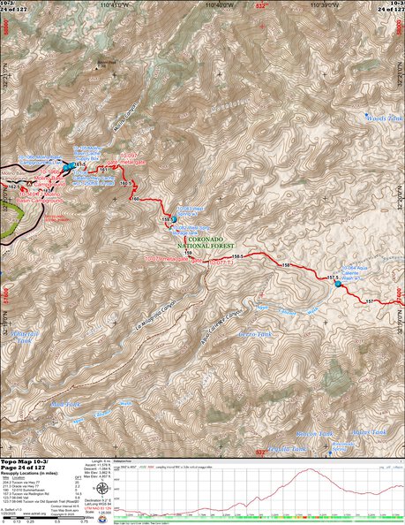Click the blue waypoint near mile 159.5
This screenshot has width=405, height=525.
(x=174, y=219)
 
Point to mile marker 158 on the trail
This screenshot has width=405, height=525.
(x=285, y=265)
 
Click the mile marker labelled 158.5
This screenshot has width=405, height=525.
(x=238, y=255)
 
